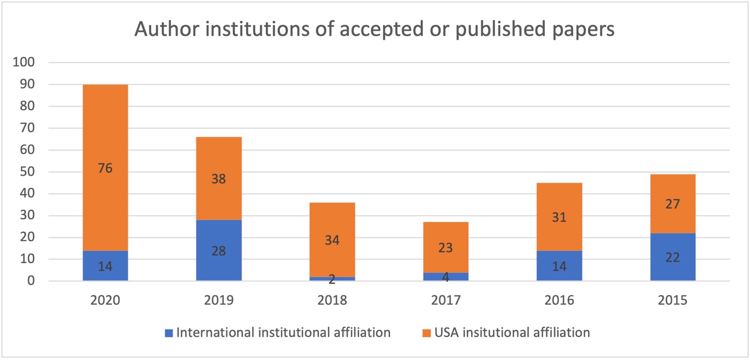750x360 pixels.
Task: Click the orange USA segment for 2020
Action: [105, 137]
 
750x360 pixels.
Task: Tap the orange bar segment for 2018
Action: [332, 221]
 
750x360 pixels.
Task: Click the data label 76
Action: [105, 168]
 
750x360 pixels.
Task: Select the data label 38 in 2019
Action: [219, 179]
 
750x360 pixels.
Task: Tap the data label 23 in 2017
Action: [446, 247]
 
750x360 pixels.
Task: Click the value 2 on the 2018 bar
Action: [332, 280]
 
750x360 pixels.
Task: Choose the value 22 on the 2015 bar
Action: [673, 258]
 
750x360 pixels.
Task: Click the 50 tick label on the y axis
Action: [27, 172]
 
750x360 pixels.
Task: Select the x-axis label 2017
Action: [446, 301]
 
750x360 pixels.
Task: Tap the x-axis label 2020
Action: [105, 301]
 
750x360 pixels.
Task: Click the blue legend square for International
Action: [169, 333]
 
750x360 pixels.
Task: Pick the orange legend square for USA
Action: [427, 333]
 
